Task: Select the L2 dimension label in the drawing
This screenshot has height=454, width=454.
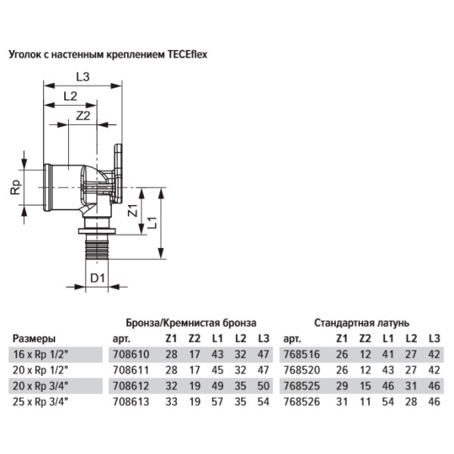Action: tap(70, 95)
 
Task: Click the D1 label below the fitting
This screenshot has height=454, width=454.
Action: tap(96, 278)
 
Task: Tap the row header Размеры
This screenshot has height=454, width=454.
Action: tap(35, 339)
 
